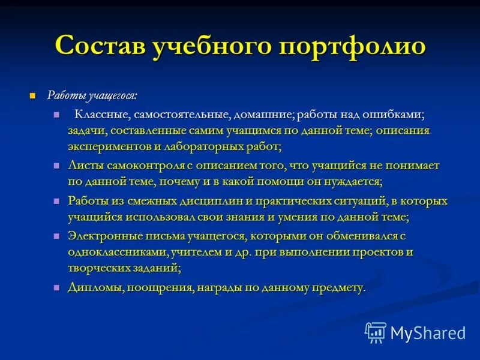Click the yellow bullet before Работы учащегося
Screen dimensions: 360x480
coord(33,96)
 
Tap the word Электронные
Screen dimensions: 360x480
coord(104,236)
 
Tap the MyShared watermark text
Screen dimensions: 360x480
coord(428,332)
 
